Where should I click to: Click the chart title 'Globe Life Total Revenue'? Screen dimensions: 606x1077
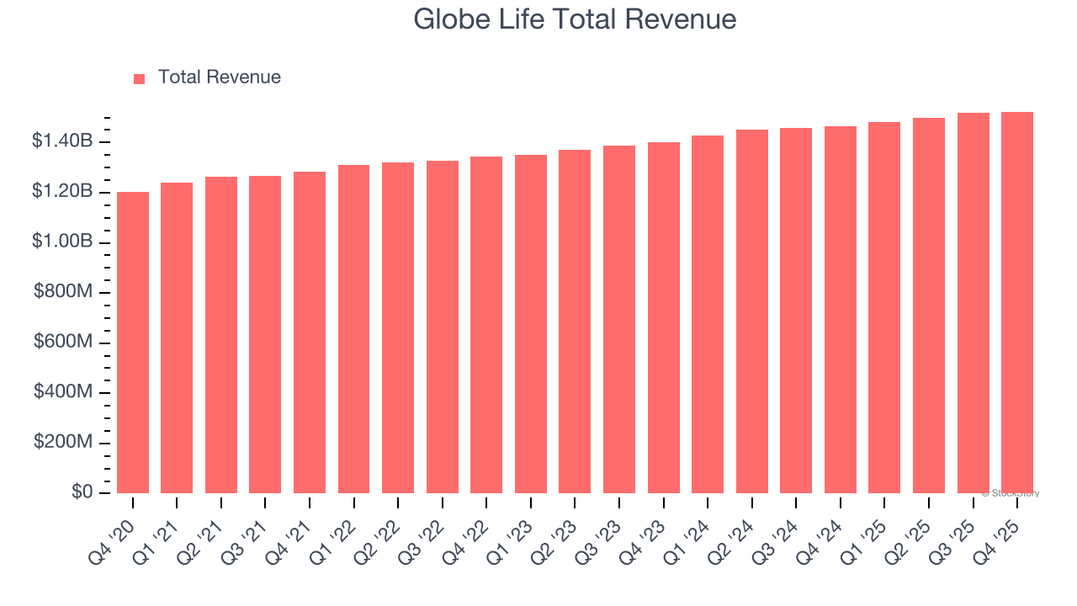click(575, 19)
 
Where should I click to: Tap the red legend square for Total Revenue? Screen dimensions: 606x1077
click(140, 78)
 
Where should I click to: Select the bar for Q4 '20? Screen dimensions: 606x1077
click(133, 343)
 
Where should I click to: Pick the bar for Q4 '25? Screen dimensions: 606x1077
click(1017, 303)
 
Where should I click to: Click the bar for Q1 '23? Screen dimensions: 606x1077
click(531, 324)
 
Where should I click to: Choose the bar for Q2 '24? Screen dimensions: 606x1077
click(751, 311)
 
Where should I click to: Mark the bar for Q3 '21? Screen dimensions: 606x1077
click(265, 334)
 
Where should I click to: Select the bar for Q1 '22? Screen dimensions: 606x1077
click(353, 329)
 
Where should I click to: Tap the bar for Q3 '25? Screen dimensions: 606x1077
click(973, 303)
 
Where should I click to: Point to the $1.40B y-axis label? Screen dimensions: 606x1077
click(62, 141)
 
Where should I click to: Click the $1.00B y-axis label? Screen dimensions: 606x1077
click(62, 242)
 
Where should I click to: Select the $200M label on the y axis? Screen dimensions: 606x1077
click(63, 443)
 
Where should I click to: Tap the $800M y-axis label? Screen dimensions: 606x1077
click(63, 292)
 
